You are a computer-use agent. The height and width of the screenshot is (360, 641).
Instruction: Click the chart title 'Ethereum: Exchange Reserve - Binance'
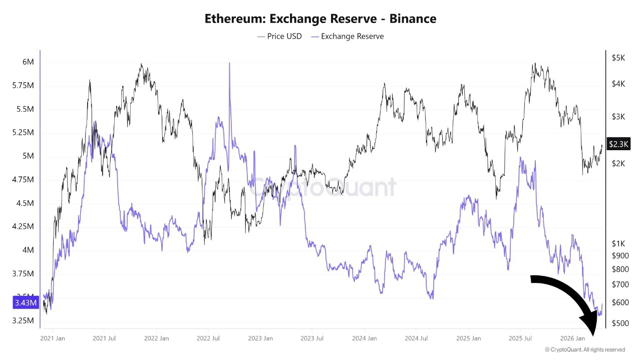tap(320, 19)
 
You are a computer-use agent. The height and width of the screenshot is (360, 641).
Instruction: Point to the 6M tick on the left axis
tap(28, 62)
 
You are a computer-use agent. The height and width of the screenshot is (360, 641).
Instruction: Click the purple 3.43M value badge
tap(25, 303)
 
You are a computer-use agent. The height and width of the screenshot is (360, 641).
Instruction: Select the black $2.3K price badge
tap(618, 144)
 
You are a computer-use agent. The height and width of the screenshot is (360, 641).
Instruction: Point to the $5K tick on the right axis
tap(618, 58)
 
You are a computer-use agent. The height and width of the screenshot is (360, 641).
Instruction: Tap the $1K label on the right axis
tap(618, 243)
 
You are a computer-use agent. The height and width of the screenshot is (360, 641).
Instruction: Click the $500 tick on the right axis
tap(620, 323)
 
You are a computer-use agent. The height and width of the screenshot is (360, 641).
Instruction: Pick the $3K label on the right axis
tap(618, 116)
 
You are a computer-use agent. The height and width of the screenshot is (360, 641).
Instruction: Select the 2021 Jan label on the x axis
tap(53, 338)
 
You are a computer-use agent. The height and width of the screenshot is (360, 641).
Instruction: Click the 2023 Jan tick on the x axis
tap(260, 338)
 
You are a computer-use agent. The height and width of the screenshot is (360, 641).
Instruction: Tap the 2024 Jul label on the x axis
tap(416, 338)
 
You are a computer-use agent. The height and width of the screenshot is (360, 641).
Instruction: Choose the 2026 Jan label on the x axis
tap(573, 338)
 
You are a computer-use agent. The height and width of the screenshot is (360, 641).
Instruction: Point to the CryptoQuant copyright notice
tap(585, 349)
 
